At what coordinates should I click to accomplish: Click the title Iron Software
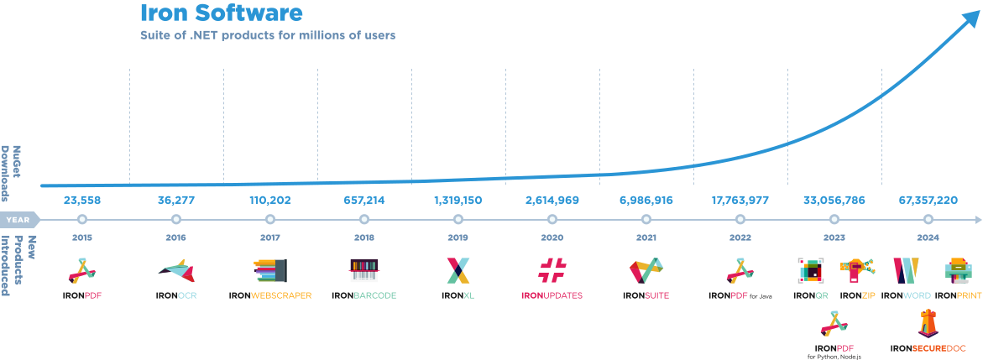coord(221,13)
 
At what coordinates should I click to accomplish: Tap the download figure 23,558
coord(82,201)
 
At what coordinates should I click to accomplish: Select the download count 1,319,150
coord(458,201)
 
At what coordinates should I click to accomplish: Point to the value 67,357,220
coord(928,201)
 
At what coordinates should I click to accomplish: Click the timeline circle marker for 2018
coord(364,220)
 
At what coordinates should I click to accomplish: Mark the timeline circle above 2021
coord(646,220)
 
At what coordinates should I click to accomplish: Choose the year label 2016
coord(176,237)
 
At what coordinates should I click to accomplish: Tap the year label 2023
coord(834,237)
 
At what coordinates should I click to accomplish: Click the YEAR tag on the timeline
coord(19,220)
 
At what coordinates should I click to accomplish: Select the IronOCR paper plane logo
coord(177,271)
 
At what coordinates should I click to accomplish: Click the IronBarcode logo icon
coord(364,270)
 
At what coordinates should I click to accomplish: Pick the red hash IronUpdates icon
coord(552,270)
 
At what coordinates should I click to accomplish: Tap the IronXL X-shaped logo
coord(458,270)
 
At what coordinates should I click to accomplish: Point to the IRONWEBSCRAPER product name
coord(270,296)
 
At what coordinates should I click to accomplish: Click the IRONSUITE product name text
coord(646,296)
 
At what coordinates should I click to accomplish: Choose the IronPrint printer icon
coord(959,270)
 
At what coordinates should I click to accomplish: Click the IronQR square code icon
coord(811,270)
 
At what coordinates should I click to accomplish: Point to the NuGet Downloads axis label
coord(13,174)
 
